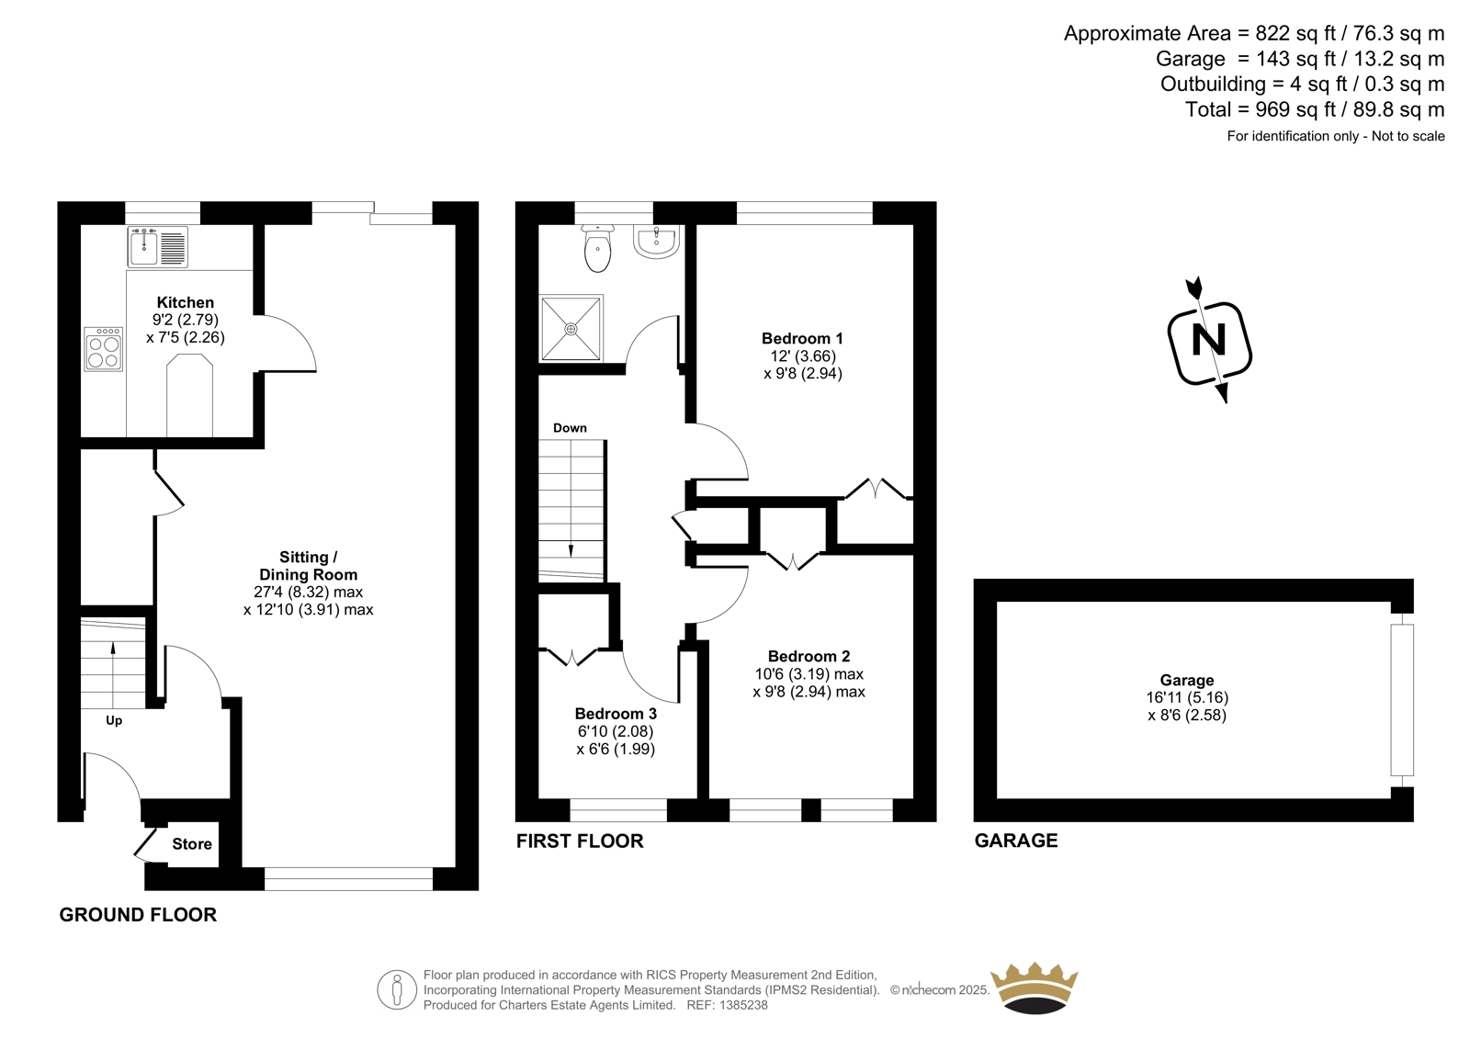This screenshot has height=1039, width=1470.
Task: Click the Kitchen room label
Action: point(185,302)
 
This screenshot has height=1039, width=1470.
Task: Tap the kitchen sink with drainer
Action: point(157,247)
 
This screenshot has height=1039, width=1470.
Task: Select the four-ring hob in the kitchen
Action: point(104,349)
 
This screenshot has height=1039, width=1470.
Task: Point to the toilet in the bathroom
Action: point(597,248)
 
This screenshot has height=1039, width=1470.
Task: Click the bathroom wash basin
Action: point(656,241)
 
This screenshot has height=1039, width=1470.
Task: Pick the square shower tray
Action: point(571,328)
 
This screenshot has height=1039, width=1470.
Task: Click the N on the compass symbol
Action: point(1209,342)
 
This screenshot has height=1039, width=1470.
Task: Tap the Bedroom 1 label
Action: point(802,339)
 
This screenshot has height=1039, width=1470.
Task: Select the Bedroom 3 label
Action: point(616,714)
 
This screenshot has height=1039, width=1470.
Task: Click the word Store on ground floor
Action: point(192,844)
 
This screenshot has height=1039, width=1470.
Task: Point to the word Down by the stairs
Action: point(570,428)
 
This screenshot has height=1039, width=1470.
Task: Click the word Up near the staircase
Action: point(114,720)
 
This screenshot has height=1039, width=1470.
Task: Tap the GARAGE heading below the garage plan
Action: point(1016,841)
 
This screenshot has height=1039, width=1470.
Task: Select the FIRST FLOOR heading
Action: point(580,841)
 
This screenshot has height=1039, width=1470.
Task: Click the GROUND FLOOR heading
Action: point(138,915)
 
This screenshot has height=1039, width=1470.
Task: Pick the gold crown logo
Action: point(1035,988)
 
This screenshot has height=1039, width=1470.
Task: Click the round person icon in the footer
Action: point(397,989)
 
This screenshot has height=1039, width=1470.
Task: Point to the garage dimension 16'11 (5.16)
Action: point(1187,697)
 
